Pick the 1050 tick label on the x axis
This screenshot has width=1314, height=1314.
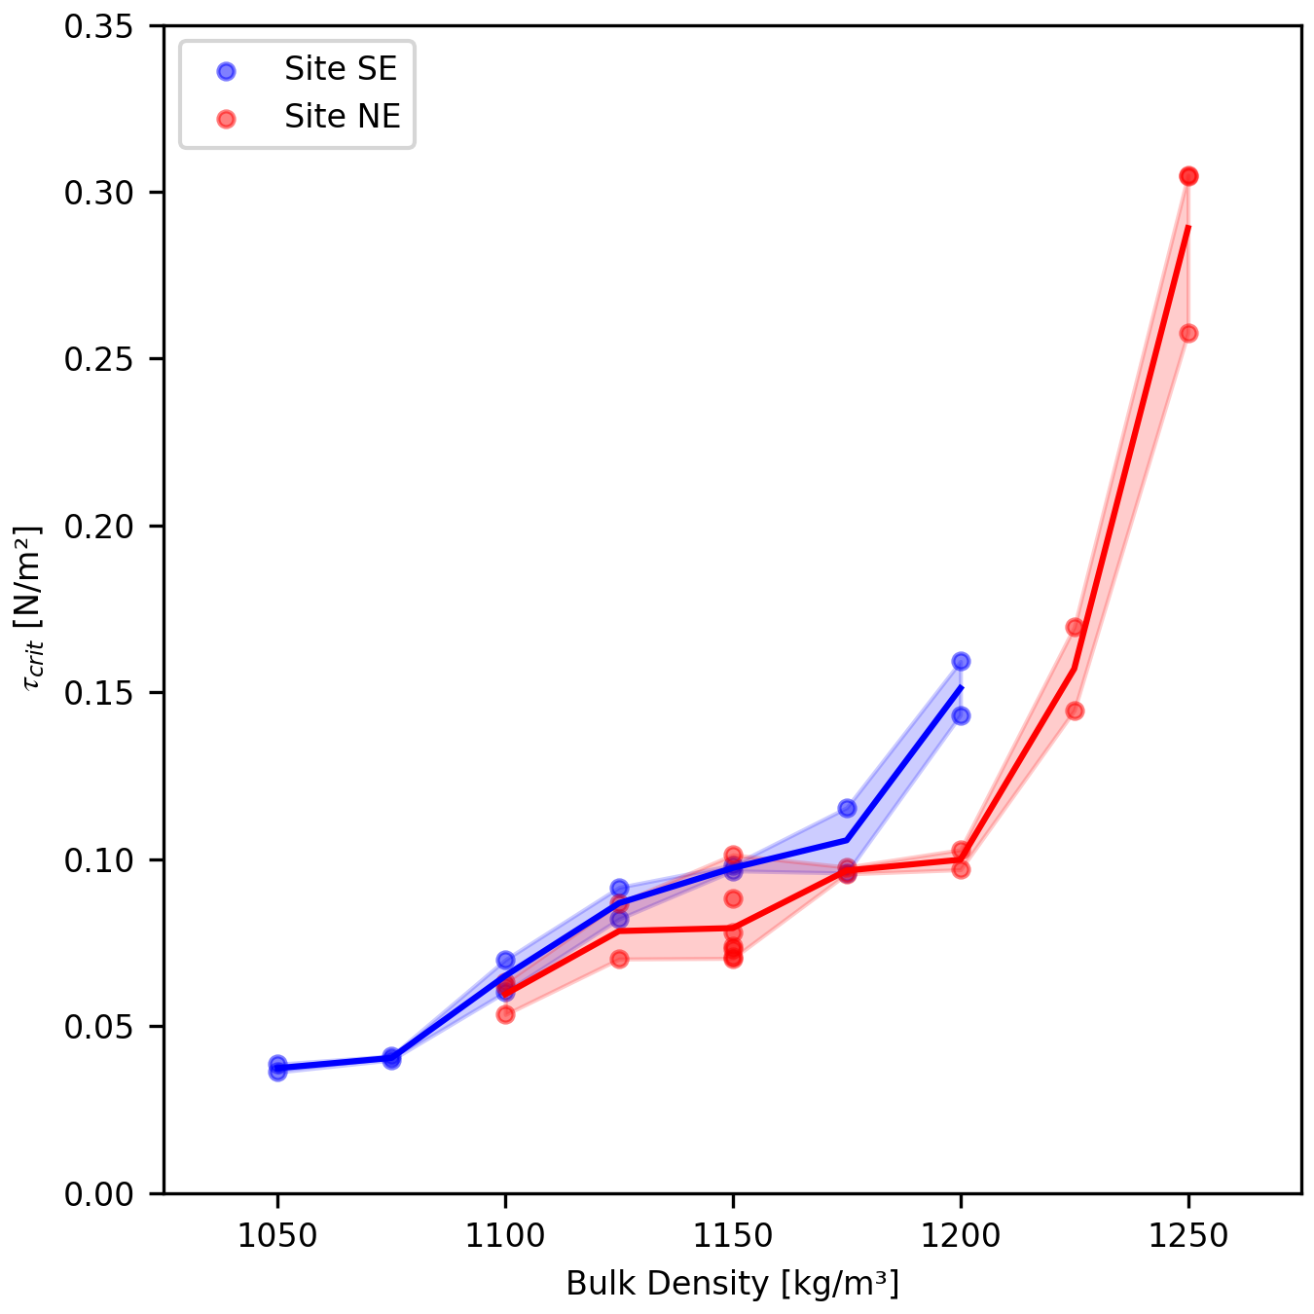[x=277, y=1236]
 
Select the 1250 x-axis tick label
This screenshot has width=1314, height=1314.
[x=1187, y=1236]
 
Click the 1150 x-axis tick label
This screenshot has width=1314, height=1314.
[x=733, y=1236]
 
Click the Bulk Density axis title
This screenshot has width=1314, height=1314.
[x=732, y=1284]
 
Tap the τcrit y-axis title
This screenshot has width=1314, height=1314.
[x=29, y=609]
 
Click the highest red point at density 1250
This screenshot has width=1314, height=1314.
[x=1188, y=176]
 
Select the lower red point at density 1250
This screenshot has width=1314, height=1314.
[x=1188, y=333]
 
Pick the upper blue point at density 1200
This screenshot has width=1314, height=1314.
[x=961, y=662]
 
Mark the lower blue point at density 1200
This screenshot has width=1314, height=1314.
[x=961, y=715]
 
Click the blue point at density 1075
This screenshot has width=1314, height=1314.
[x=391, y=1058]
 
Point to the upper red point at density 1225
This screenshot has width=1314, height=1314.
[x=1075, y=627]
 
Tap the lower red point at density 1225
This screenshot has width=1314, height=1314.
[x=1075, y=711]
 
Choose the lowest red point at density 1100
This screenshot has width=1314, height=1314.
[x=505, y=1014]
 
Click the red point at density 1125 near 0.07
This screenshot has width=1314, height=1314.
[x=619, y=959]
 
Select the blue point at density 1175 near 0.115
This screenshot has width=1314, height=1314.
[x=847, y=808]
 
